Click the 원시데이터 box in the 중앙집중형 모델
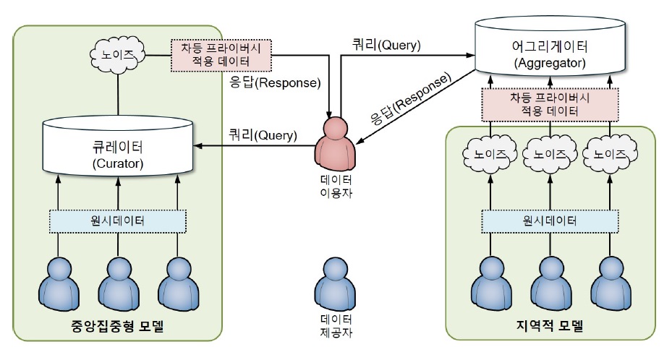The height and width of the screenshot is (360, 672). pos(119,219)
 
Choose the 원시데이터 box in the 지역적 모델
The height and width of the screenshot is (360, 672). pos(550,219)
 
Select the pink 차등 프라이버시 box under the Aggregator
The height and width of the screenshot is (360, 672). pos(550,104)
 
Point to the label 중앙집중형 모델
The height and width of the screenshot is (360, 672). pos(119,325)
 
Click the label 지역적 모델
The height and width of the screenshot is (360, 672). pos(550,325)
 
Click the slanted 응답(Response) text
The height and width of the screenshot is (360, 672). pos(409,99)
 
